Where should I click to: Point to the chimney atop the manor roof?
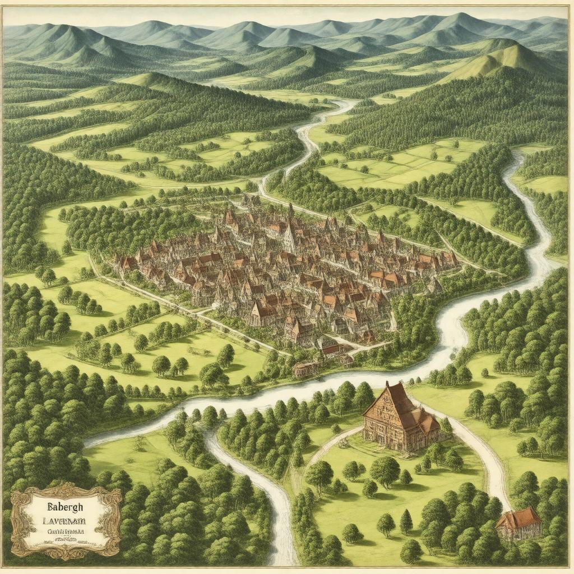click(387, 385)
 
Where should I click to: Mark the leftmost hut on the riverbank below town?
click(304, 369)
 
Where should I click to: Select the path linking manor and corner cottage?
click(482, 454)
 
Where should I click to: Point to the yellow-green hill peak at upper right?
click(510, 56)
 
